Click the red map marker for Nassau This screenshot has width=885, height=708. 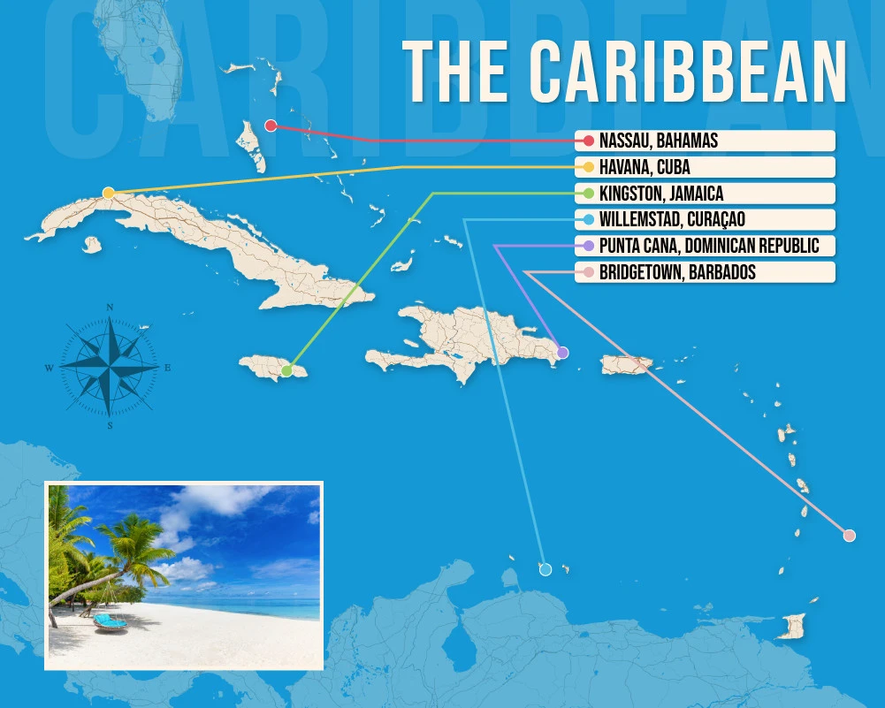[271, 126]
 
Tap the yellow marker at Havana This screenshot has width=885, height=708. [108, 193]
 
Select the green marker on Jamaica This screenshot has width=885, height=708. [286, 370]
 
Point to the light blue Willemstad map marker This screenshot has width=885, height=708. [545, 569]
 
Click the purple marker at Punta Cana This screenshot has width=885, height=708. [563, 353]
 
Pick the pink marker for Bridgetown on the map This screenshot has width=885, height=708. [850, 535]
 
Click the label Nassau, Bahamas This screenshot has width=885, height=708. [658, 141]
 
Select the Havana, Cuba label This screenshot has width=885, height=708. [645, 167]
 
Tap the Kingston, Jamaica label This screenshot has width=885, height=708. [660, 194]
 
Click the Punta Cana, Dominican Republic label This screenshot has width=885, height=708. [709, 246]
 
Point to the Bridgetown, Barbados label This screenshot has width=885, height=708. [677, 272]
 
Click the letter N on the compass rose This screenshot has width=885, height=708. [110, 308]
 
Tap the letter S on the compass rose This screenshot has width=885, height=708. [110, 425]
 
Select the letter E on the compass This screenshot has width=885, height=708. [168, 367]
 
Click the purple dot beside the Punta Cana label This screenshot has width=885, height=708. [589, 246]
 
